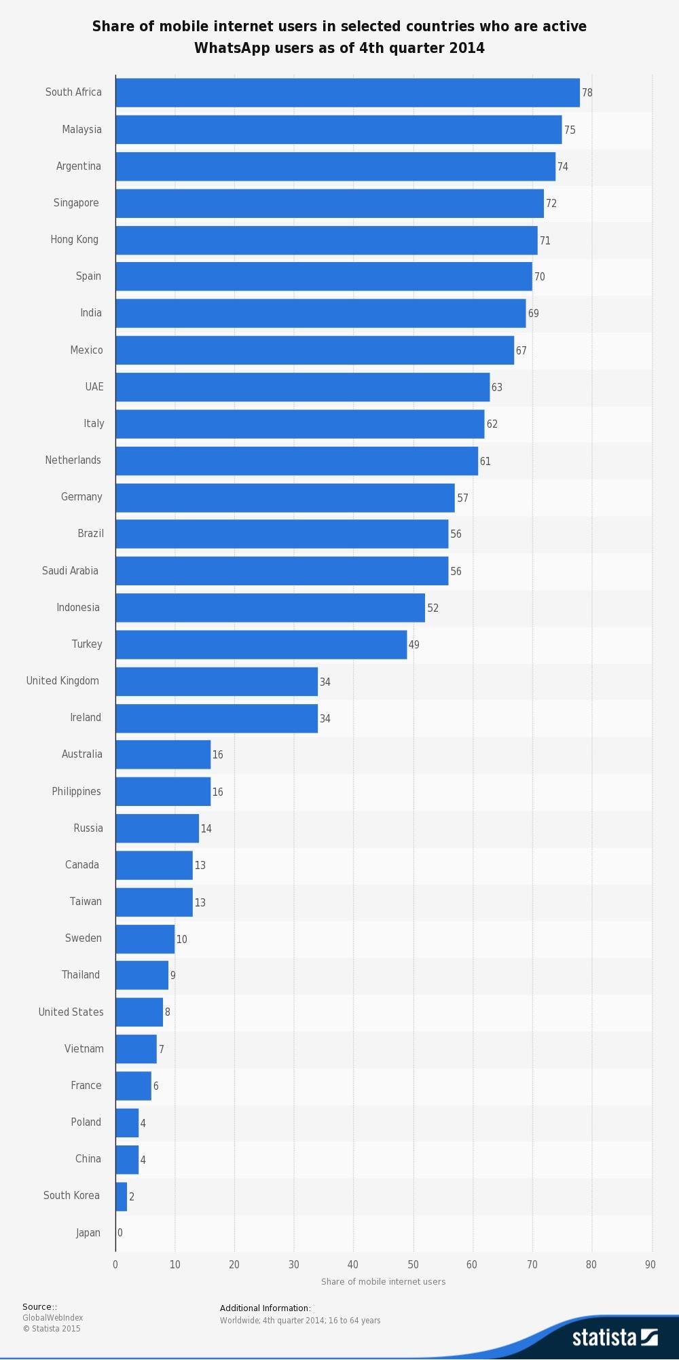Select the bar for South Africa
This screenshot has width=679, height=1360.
click(x=348, y=92)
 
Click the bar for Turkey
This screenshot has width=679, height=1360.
click(x=261, y=644)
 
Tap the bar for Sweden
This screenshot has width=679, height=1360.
click(x=145, y=939)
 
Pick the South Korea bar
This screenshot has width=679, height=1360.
click(x=122, y=1196)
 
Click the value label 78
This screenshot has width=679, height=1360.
click(x=587, y=92)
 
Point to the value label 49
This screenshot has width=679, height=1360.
click(x=414, y=645)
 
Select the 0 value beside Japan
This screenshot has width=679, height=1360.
click(x=120, y=1233)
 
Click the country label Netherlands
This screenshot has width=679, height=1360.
click(x=73, y=460)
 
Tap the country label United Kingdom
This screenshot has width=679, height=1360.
click(x=62, y=681)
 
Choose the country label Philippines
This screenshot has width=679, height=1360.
click(x=76, y=792)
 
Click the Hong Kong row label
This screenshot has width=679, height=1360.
click(x=74, y=240)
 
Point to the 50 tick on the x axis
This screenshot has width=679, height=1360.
click(x=413, y=1264)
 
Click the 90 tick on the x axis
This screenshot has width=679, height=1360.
click(x=650, y=1264)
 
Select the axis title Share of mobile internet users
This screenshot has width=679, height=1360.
click(x=383, y=1282)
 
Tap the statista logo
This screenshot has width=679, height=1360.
click(x=614, y=1337)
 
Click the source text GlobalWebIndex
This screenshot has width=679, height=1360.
click(x=52, y=1318)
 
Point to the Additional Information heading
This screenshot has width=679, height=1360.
click(x=265, y=1308)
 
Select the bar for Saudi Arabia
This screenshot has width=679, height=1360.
click(x=282, y=571)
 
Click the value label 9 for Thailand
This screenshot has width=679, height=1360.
click(x=173, y=976)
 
